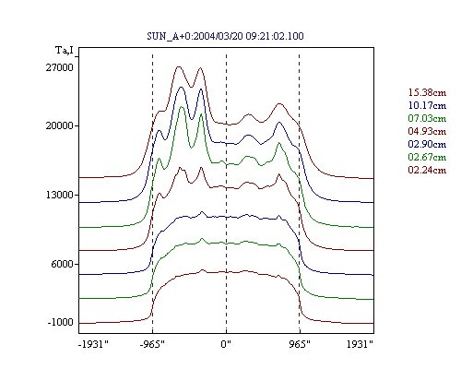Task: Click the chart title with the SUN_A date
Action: [x=225, y=36]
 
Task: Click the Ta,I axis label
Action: [x=65, y=50]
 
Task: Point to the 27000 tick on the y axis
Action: [x=60, y=67]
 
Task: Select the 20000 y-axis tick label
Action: [x=60, y=125]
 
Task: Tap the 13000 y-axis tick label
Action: [x=60, y=195]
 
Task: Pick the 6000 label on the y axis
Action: [x=62, y=264]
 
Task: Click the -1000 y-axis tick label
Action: [x=60, y=322]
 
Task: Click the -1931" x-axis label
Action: [x=93, y=344]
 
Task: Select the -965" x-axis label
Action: [x=152, y=344]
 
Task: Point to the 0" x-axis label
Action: [x=226, y=344]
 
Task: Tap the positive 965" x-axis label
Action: [x=300, y=344]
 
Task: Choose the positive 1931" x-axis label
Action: [x=360, y=344]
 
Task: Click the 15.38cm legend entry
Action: [x=427, y=92]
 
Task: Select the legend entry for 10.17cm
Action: [x=427, y=105]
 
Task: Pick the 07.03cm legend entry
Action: [x=427, y=118]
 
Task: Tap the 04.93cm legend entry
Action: [x=427, y=131]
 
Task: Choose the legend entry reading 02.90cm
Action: [x=427, y=144]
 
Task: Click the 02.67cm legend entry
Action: [x=427, y=157]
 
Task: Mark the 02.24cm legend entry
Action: [x=427, y=170]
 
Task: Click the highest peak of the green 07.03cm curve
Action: [x=182, y=107]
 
